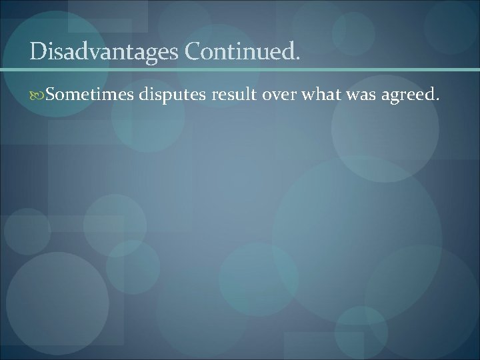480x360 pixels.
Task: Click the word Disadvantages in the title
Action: click(x=103, y=51)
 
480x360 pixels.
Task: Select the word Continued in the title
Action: click(x=237, y=51)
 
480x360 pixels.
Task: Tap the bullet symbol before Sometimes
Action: click(x=38, y=95)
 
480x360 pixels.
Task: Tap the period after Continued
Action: click(x=297, y=58)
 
